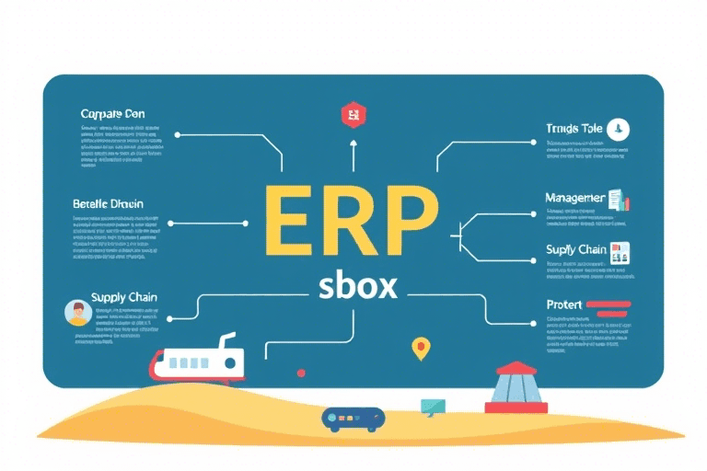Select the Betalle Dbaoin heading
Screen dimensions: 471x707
(x=108, y=202)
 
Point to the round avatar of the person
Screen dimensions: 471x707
(x=77, y=313)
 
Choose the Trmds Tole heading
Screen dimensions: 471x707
(x=574, y=129)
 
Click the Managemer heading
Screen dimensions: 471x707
(x=574, y=198)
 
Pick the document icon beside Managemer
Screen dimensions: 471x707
(x=618, y=199)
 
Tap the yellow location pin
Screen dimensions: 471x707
(x=420, y=348)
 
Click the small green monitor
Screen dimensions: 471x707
(x=433, y=406)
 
